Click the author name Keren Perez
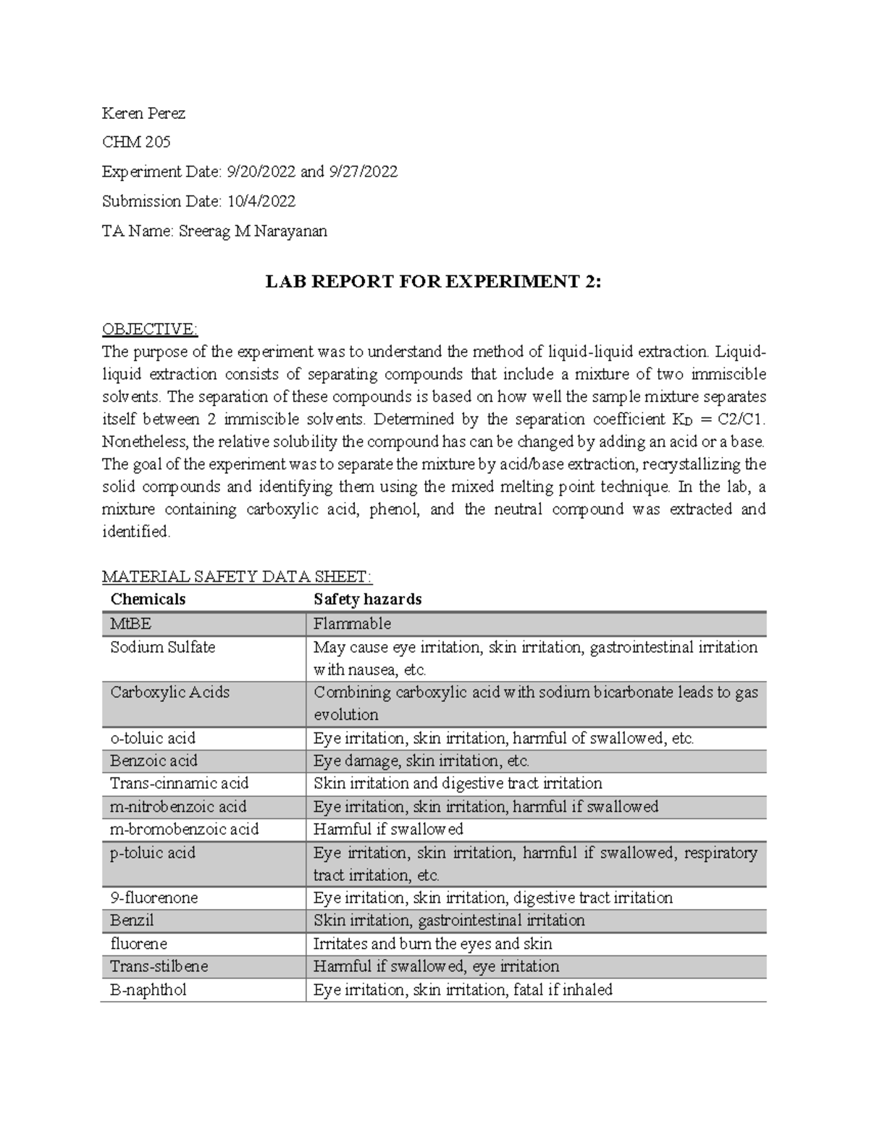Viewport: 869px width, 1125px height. click(x=143, y=113)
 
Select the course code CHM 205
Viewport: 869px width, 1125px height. click(x=136, y=142)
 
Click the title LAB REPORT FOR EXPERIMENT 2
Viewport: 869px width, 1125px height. click(x=433, y=283)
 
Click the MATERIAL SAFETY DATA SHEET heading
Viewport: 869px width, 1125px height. click(x=237, y=577)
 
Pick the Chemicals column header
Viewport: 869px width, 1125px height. click(x=148, y=599)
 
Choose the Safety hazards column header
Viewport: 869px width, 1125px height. click(x=367, y=599)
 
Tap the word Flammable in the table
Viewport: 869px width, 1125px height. click(x=352, y=624)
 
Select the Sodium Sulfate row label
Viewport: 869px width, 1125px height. click(x=162, y=647)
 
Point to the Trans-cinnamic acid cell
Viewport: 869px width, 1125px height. click(x=179, y=783)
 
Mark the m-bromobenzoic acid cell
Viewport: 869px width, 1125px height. click(x=184, y=829)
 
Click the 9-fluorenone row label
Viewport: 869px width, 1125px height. click(x=154, y=898)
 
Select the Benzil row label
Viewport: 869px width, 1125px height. click(x=132, y=920)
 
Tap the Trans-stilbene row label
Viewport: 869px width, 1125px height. click(x=159, y=966)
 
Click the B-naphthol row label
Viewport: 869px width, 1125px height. click(x=148, y=990)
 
